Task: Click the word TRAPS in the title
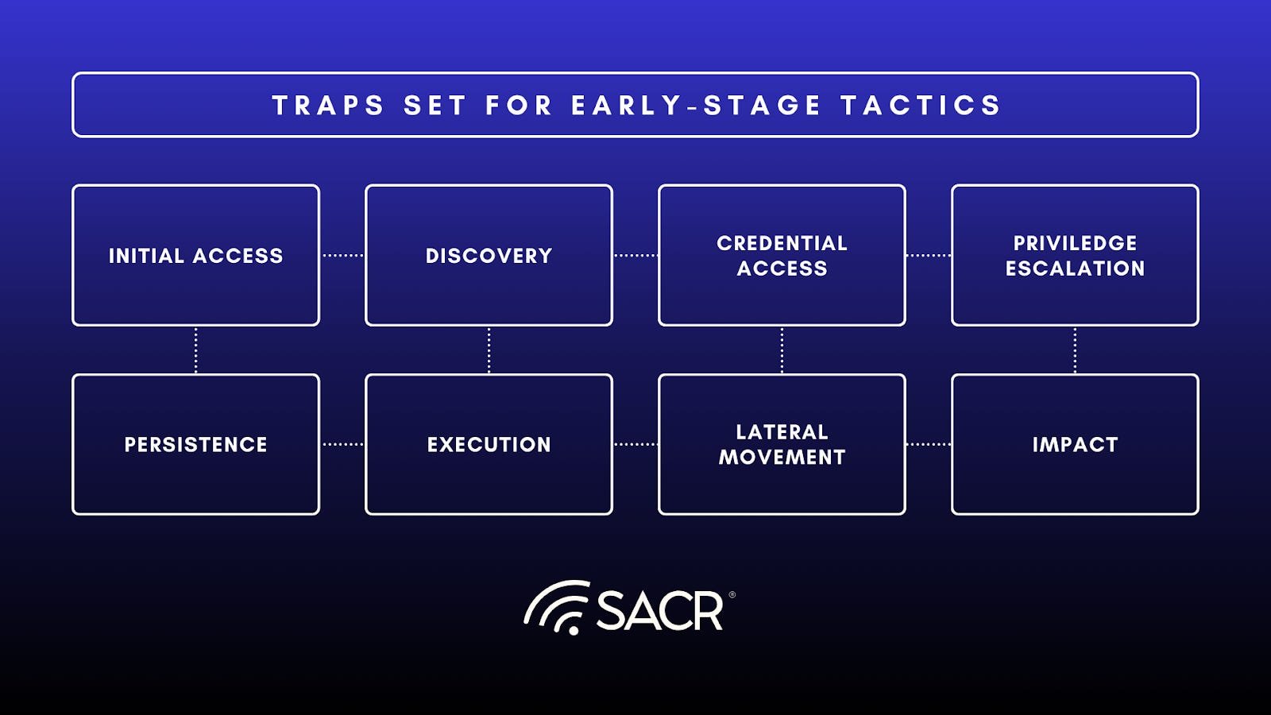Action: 329,106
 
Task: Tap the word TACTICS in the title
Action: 921,106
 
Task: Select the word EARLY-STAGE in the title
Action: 696,106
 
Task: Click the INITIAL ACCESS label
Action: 195,256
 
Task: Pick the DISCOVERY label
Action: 489,256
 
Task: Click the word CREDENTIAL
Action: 782,243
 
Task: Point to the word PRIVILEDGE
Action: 1076,243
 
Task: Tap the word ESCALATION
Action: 1076,269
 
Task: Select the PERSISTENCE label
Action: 195,445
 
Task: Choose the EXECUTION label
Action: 489,445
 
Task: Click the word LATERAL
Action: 782,432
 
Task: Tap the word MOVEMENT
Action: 782,458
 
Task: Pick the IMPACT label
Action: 1076,445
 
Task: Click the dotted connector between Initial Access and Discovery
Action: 342,255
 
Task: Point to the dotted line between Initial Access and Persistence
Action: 195,350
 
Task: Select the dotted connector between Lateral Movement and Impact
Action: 929,444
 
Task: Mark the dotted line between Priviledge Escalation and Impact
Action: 1076,350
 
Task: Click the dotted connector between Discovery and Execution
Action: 489,350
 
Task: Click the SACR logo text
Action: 660,611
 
